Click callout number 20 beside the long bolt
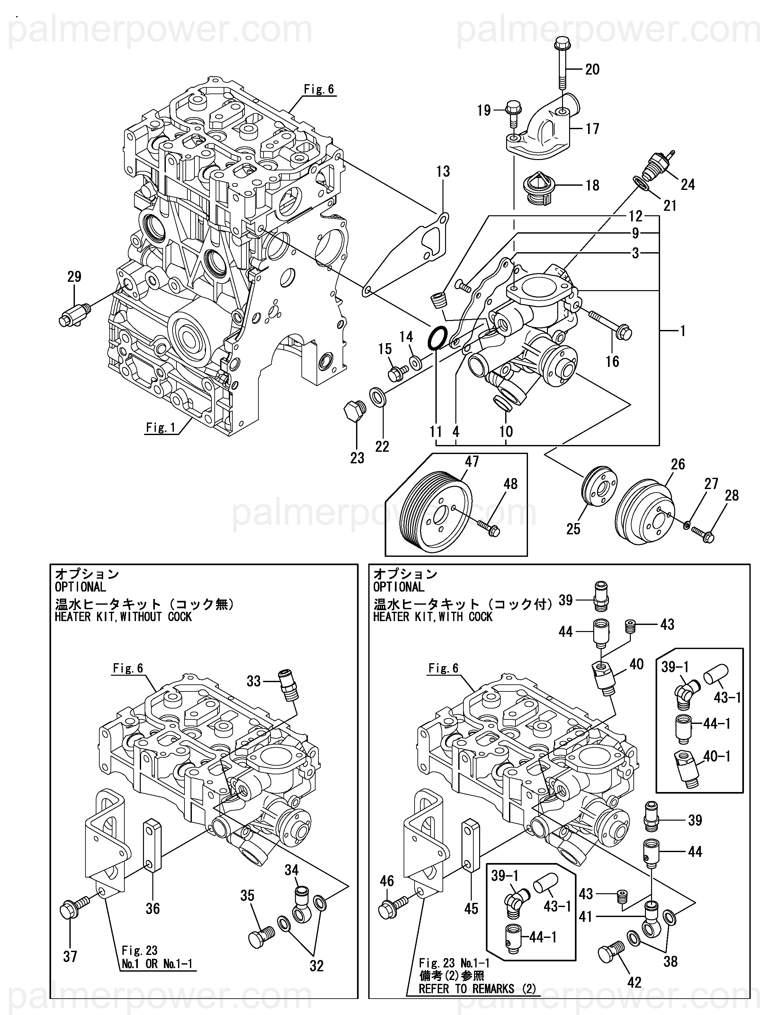click(x=592, y=69)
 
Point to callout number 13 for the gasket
click(x=443, y=172)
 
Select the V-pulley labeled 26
click(x=644, y=512)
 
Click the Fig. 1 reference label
click(x=161, y=428)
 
